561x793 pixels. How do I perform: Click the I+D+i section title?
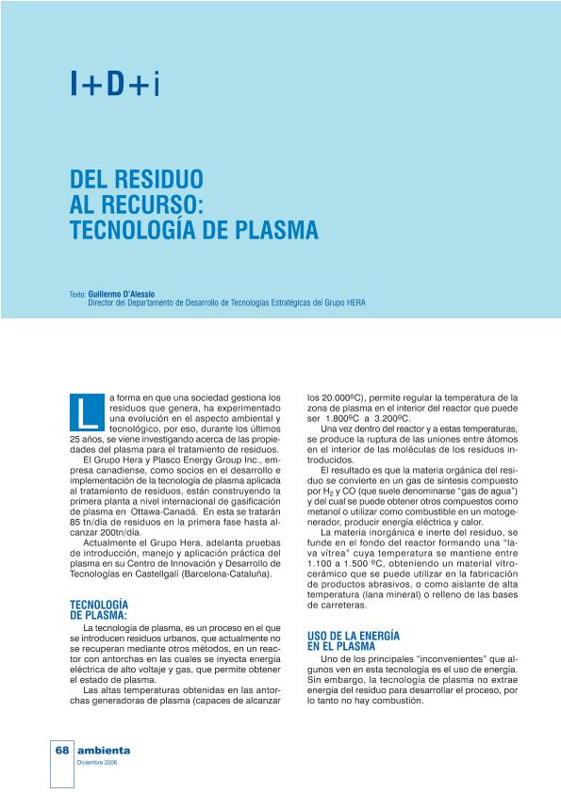point(115,85)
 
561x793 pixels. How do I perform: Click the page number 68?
point(62,751)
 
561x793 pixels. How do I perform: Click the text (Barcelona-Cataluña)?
point(227,574)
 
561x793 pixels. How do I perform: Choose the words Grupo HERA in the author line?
point(345,303)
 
